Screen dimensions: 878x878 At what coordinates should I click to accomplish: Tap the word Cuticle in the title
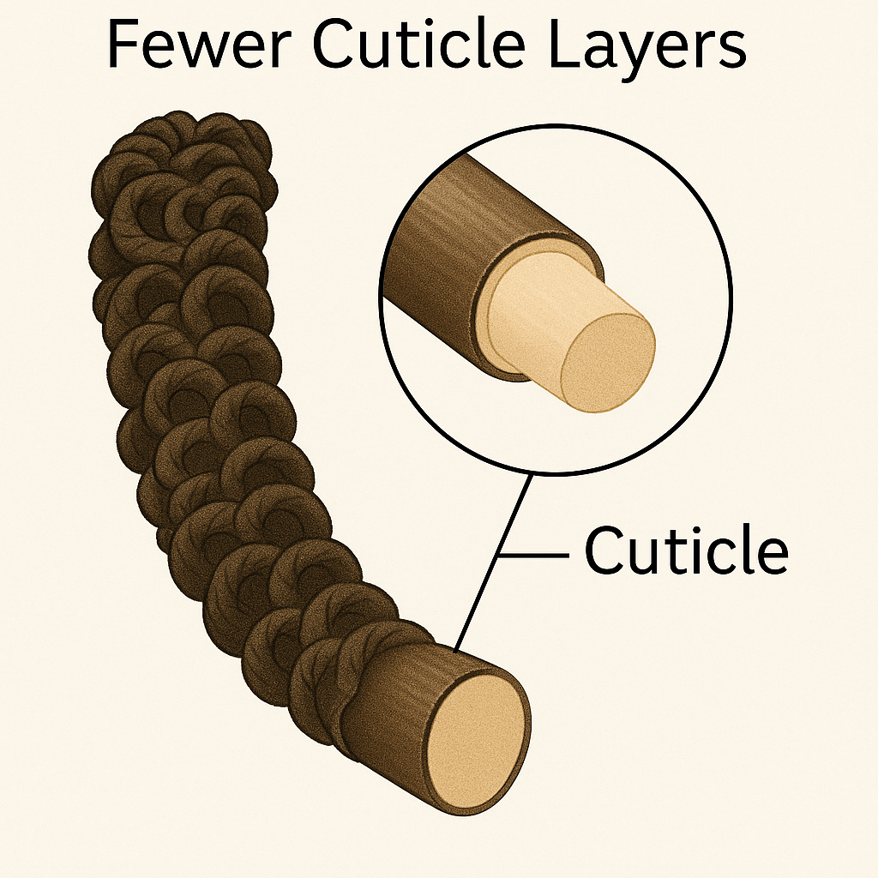click(x=423, y=48)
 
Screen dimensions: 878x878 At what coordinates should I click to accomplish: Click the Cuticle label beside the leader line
click(x=685, y=551)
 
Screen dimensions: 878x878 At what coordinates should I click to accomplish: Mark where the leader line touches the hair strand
click(x=455, y=650)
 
